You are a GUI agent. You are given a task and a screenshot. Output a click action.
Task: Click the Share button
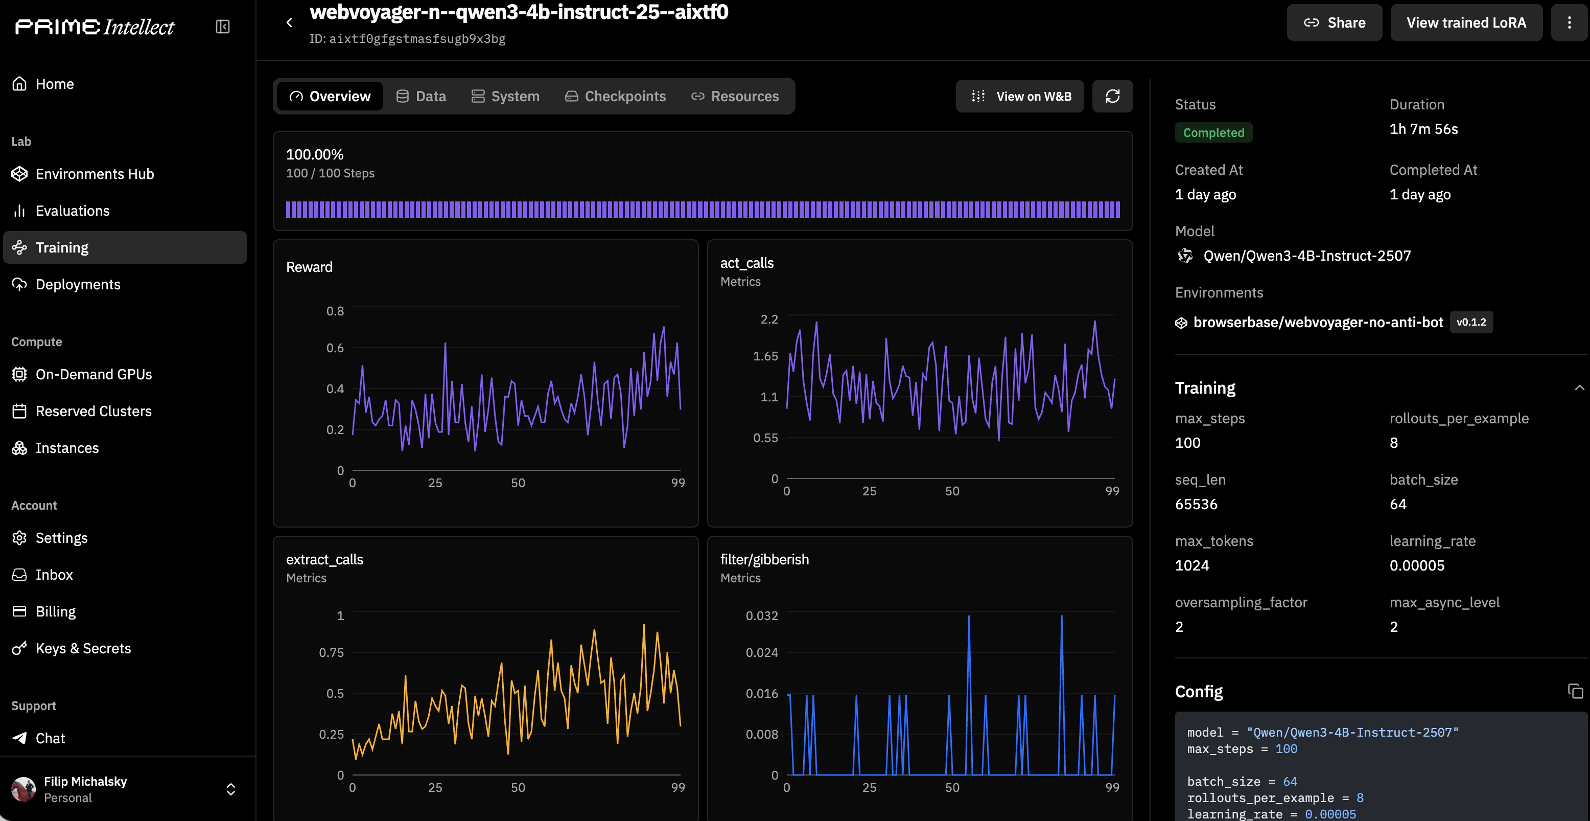(x=1334, y=23)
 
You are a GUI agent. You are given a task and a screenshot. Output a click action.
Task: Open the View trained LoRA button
(x=1466, y=23)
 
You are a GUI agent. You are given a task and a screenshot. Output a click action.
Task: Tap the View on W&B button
(x=1020, y=97)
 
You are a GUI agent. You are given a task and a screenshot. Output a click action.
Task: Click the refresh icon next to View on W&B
(x=1112, y=97)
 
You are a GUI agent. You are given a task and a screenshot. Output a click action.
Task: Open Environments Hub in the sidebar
(x=95, y=174)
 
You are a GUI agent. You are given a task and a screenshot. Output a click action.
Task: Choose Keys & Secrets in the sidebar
(x=83, y=648)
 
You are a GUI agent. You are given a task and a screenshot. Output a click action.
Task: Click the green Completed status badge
(x=1213, y=133)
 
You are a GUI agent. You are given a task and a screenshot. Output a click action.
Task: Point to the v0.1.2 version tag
(x=1471, y=322)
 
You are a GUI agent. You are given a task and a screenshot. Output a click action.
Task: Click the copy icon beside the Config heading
(x=1575, y=691)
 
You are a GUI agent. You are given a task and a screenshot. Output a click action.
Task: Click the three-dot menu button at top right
(x=1569, y=23)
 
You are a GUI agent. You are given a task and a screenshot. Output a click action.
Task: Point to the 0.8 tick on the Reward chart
(x=335, y=311)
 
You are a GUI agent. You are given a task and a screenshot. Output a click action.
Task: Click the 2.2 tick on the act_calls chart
(x=769, y=320)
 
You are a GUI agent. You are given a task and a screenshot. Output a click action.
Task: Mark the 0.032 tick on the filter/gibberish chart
(x=762, y=616)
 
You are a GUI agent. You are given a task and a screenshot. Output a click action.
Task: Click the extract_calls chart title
(x=324, y=560)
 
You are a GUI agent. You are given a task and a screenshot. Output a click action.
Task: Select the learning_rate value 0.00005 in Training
(x=1417, y=565)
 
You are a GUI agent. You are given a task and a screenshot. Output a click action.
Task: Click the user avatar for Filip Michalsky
(x=24, y=789)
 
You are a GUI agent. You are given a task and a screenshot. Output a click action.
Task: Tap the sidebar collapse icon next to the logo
(x=223, y=27)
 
